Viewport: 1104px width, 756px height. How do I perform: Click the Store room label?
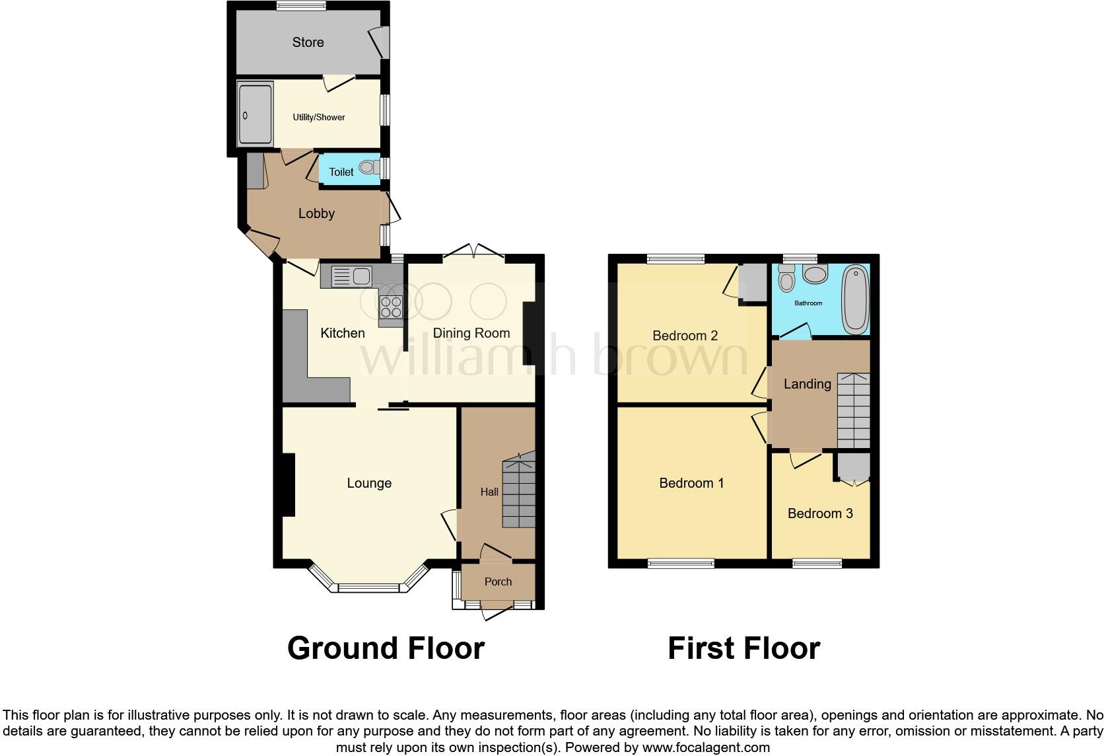point(308,42)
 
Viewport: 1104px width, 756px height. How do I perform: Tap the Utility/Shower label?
point(319,118)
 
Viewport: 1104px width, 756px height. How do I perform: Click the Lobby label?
point(316,213)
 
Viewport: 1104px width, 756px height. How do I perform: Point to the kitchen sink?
point(353,276)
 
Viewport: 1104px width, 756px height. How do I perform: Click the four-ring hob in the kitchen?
point(391,306)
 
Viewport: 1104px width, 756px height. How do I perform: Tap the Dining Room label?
point(471,333)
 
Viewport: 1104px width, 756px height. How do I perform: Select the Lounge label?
point(369,483)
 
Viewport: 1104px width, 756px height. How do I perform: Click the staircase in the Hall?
point(518,492)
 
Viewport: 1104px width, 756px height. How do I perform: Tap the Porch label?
point(498,582)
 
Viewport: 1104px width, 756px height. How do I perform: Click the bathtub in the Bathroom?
point(856,299)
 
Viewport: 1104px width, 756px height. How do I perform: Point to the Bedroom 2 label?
point(685,336)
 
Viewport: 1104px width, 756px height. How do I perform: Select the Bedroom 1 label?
point(691,483)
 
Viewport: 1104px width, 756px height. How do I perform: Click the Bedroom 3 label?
point(820,513)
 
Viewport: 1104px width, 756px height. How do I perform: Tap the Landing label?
point(807,384)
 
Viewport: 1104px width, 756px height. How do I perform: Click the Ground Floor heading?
point(386,648)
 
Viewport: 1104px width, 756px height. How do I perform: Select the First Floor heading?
point(743,648)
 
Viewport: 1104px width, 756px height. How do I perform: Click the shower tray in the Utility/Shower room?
point(254,114)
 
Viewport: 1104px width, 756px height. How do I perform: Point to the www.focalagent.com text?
point(706,748)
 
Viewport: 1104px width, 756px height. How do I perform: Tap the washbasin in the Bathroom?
point(815,274)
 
